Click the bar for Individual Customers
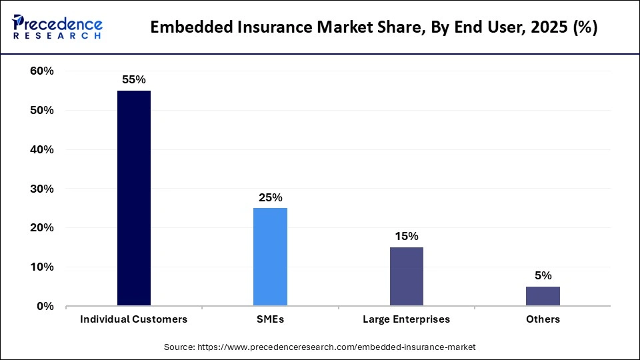tap(133, 198)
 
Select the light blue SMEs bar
tap(270, 257)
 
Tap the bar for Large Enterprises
tap(406, 277)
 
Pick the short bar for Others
tap(543, 296)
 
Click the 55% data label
tap(133, 79)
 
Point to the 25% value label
tap(271, 197)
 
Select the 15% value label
tap(406, 236)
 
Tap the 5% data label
tap(543, 275)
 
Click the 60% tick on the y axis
tap(42, 71)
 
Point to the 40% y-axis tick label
tap(42, 150)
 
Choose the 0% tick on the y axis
tap(45, 307)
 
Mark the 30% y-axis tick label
tap(42, 189)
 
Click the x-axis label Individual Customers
tap(133, 319)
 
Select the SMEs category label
tap(270, 319)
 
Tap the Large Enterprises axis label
tap(406, 319)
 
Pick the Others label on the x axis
tap(543, 319)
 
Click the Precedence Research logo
tap(57, 27)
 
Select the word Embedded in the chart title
tap(193, 27)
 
